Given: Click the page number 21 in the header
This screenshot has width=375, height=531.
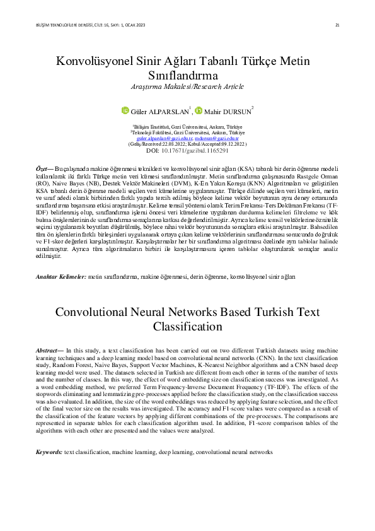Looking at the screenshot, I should coord(337,25).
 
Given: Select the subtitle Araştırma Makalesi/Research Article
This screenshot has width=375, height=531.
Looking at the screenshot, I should coord(187,86).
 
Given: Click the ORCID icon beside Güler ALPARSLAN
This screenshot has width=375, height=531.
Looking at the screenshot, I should coord(125,111).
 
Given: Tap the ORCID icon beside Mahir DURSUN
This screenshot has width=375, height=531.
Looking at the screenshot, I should coord(199,111).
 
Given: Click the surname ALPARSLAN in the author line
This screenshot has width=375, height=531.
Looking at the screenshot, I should coord(170,112).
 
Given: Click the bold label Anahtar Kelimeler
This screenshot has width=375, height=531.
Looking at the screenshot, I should coord(61,277).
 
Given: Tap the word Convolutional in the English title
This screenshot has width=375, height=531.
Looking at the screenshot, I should coord(95,312).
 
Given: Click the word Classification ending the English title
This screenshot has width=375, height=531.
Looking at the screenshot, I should coord(187,327).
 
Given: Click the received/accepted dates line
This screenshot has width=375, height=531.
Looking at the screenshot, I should coord(187,144).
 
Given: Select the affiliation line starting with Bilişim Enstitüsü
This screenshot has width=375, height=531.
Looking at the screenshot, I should coord(187,127).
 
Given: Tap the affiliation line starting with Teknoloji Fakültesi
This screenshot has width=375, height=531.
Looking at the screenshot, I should coord(187,132).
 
